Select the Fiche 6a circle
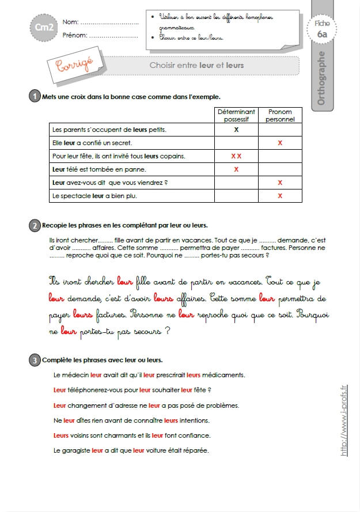coord(323,29)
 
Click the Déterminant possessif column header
coord(236,115)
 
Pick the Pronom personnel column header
coord(280,115)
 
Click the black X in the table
coord(236,130)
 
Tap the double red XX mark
coord(236,156)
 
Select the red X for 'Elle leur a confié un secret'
coord(280,143)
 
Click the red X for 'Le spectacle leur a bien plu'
coord(280,196)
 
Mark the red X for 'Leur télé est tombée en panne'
coord(236,169)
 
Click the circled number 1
coord(34,97)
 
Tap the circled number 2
coord(34,225)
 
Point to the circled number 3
coord(34,361)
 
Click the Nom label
coord(70,22)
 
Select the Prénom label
coord(75,35)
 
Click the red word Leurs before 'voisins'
coord(61,435)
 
